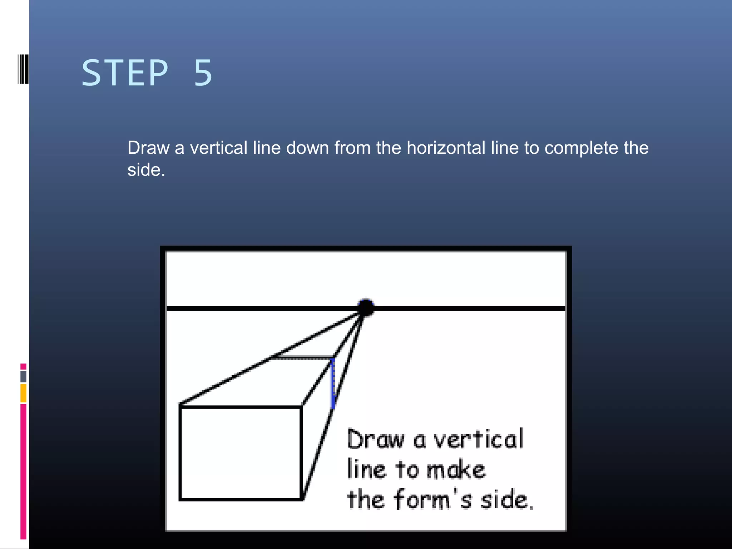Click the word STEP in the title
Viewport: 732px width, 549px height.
[125, 73]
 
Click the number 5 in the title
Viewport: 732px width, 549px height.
[203, 73]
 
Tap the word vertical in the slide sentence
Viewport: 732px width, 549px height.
[218, 148]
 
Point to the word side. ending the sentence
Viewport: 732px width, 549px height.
[146, 170]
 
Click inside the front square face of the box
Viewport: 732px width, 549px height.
[241, 453]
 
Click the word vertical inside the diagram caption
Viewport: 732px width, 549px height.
[479, 439]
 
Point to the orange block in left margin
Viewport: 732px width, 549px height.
[23, 393]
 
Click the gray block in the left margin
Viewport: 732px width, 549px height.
[23, 376]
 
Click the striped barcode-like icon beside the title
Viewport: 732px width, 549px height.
[23, 69]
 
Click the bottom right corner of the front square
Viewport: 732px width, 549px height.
[301, 499]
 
